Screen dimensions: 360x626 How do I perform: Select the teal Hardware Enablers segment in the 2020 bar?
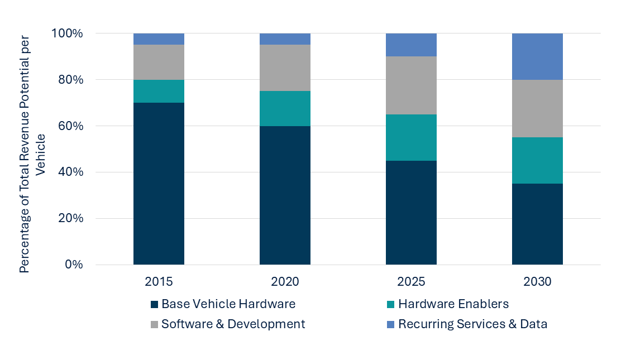click(285, 108)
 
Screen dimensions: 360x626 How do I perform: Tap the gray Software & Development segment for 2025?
click(411, 85)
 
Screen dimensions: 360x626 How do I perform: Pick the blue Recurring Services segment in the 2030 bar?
click(537, 56)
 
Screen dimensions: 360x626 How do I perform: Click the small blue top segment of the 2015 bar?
click(159, 39)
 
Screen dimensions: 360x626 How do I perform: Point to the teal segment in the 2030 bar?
click(537, 160)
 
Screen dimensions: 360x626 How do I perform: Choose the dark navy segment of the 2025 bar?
click(411, 212)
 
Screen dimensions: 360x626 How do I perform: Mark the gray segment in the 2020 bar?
click(285, 68)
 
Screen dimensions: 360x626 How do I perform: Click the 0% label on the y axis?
click(73, 265)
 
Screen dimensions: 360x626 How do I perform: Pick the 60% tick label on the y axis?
click(71, 126)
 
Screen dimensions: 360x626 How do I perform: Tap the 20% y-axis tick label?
click(71, 218)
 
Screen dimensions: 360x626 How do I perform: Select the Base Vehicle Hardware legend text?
click(228, 304)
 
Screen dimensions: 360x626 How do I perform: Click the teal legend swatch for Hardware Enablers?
click(391, 305)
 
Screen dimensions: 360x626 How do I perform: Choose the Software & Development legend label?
click(233, 324)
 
